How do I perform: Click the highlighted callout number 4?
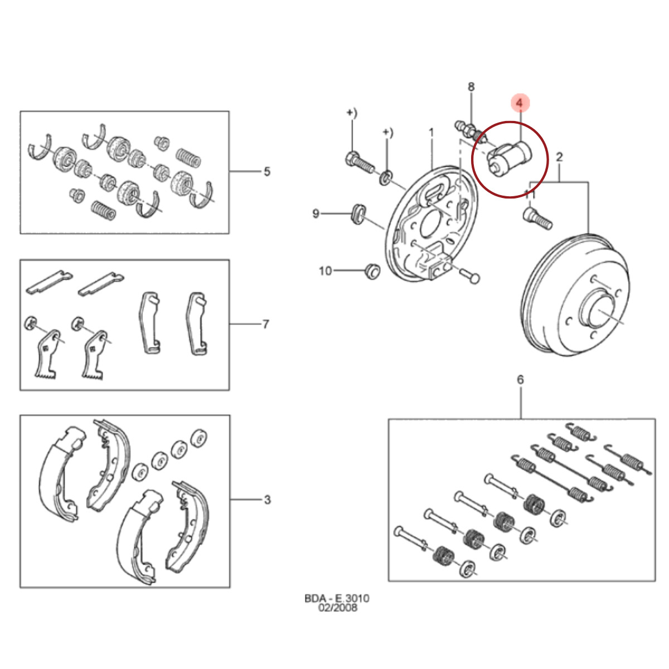[519, 103]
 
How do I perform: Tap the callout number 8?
[471, 86]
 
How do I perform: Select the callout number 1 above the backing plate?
[431, 133]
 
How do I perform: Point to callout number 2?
[559, 157]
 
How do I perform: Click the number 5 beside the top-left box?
[266, 172]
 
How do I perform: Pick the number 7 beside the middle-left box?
[265, 324]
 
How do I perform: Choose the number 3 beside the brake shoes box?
[267, 500]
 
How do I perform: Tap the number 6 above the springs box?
[520, 380]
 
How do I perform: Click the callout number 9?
[316, 214]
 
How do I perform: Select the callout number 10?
[325, 271]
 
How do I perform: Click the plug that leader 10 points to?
[372, 271]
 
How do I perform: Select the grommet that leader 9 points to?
[358, 214]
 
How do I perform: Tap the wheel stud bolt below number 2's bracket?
[537, 217]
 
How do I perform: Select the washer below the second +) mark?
[386, 177]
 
